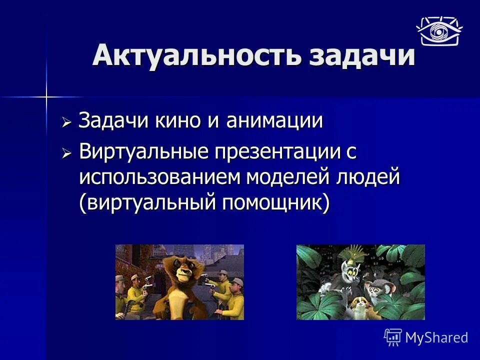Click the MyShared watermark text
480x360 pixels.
436,337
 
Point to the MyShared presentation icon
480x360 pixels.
393,337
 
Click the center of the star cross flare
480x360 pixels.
46,96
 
